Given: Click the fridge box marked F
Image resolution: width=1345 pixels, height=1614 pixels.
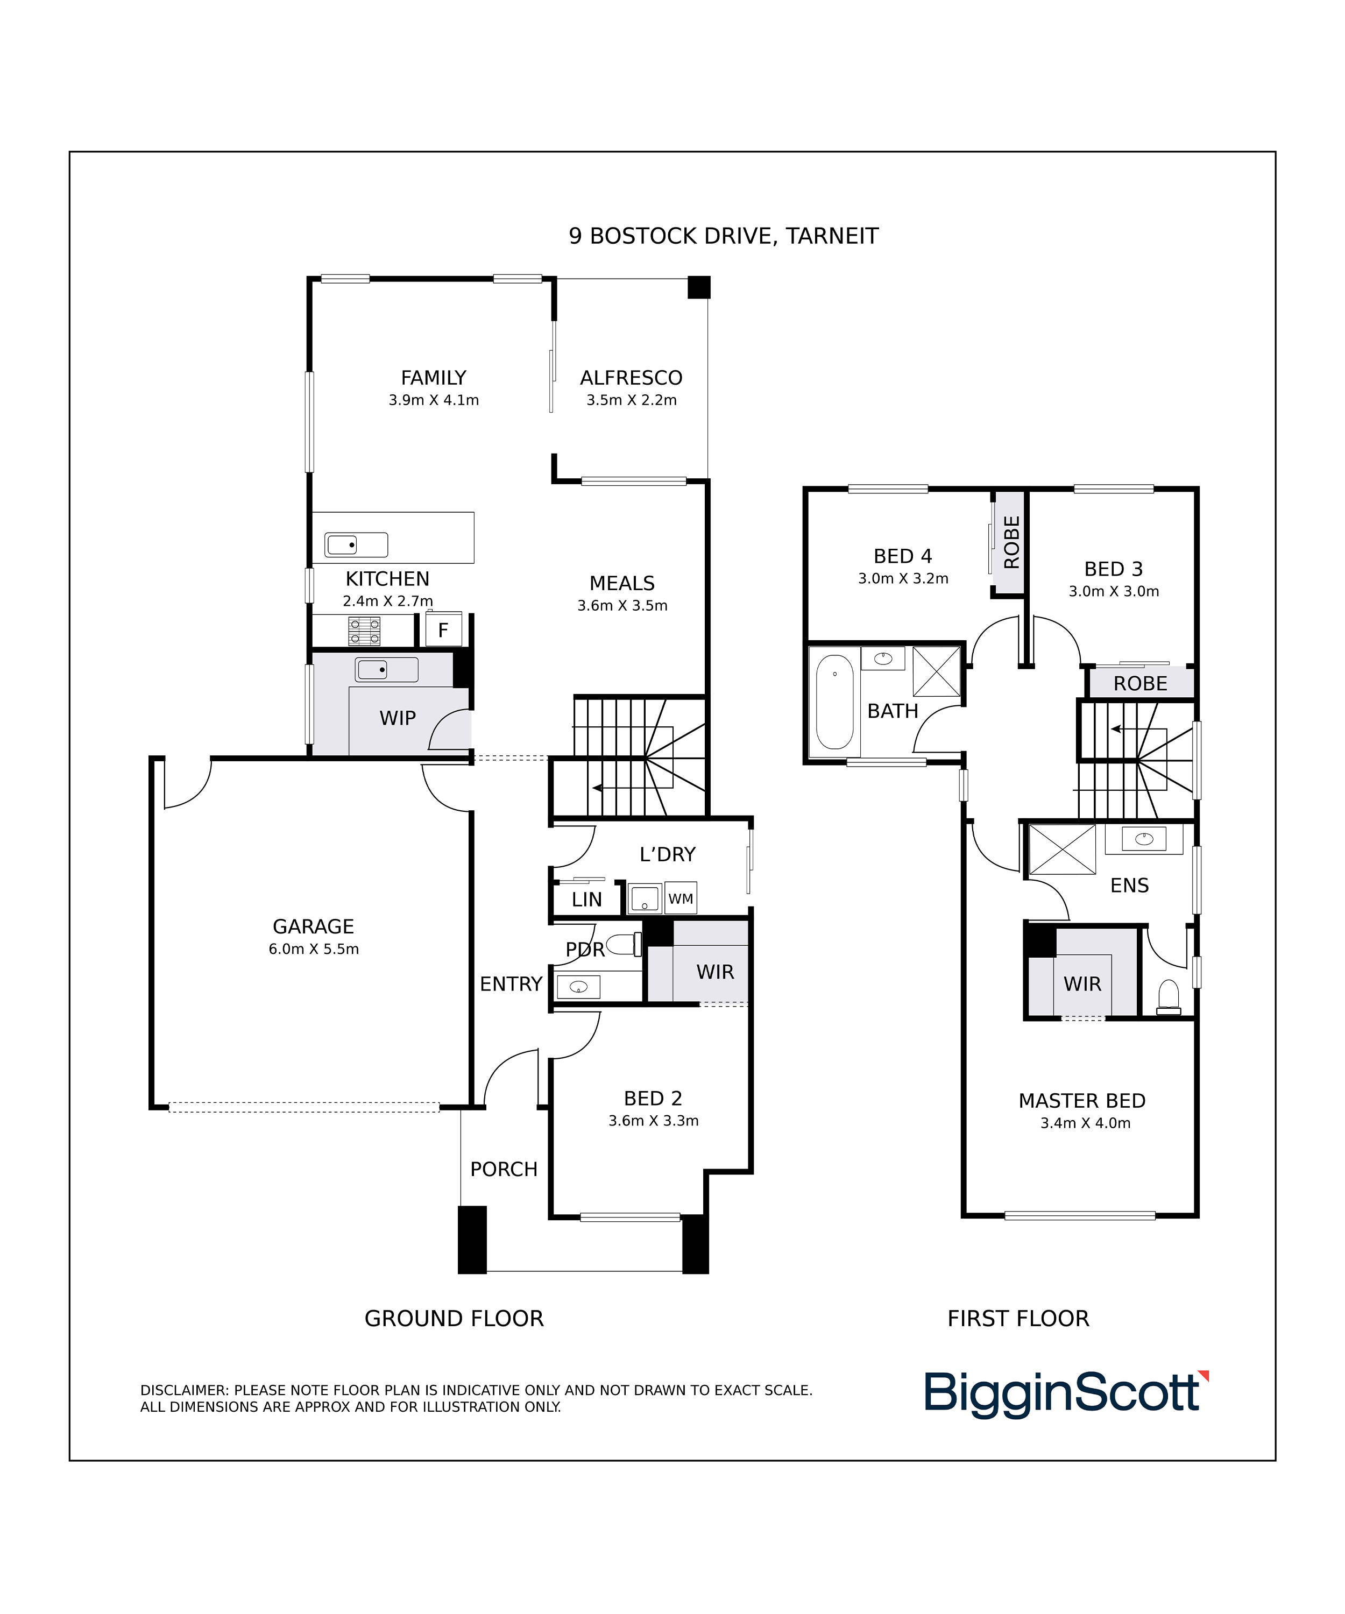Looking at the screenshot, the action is click(x=443, y=630).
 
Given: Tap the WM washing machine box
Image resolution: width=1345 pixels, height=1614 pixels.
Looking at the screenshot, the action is click(x=680, y=898).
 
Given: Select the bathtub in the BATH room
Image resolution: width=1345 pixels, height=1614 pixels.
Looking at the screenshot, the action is click(x=834, y=702).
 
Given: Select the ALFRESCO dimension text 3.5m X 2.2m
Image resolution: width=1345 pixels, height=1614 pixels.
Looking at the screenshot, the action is click(x=632, y=400).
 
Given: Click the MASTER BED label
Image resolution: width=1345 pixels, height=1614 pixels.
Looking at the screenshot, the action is click(x=1082, y=1101).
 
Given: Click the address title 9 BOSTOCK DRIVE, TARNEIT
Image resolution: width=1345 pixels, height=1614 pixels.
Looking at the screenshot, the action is click(x=723, y=236).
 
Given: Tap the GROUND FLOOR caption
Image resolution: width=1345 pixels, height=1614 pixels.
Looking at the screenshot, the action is click(x=454, y=1318).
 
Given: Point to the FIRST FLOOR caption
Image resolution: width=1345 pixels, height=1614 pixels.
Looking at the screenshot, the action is click(x=1018, y=1318).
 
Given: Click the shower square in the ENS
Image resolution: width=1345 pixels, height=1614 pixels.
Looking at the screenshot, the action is click(x=1062, y=850).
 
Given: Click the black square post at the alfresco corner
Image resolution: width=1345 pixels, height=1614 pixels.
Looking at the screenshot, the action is click(x=699, y=287).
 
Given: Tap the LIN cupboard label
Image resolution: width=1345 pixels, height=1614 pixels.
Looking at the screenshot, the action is click(x=586, y=899).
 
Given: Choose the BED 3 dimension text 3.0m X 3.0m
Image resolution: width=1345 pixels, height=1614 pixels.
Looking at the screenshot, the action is click(x=1114, y=591).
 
